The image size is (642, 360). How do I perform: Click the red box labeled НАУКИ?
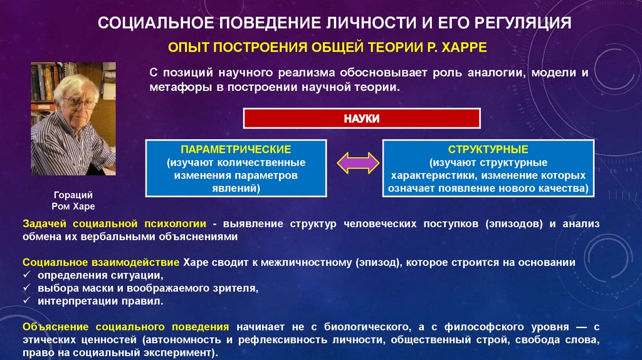click(x=362, y=119)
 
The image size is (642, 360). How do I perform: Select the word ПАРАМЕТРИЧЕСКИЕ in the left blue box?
click(x=236, y=150)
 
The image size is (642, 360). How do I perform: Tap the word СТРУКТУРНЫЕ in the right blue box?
click(x=488, y=150)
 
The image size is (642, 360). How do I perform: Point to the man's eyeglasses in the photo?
click(x=75, y=102)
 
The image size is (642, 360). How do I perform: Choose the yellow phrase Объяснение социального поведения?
click(x=125, y=327)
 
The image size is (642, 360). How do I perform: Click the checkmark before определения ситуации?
click(x=26, y=275)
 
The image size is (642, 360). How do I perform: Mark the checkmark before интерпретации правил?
click(x=26, y=302)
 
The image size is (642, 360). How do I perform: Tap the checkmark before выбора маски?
click(x=26, y=289)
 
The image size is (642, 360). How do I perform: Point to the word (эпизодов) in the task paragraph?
click(x=513, y=223)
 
